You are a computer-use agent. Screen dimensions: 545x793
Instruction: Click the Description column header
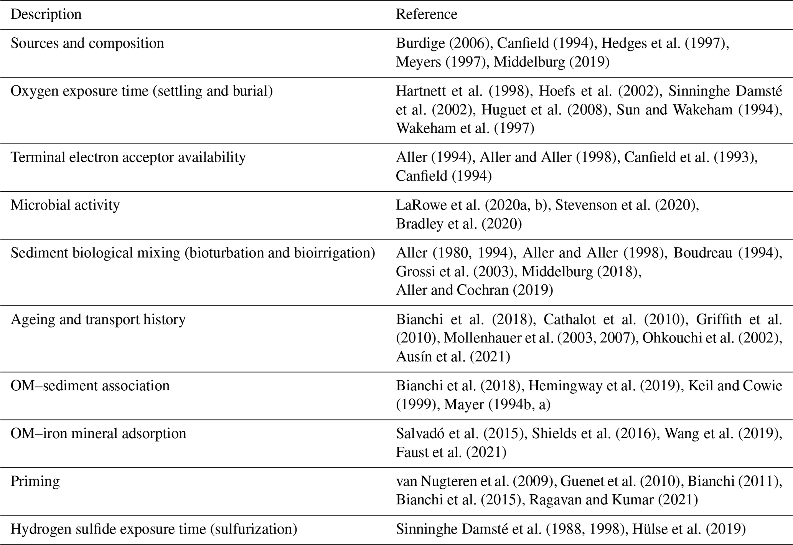click(x=46, y=14)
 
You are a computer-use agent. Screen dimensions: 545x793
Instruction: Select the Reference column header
click(x=426, y=14)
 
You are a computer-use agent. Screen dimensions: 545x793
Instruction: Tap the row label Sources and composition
click(x=87, y=43)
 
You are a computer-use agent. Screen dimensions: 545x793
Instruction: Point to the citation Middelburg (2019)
click(x=551, y=62)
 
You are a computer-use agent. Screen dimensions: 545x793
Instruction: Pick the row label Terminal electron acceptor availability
click(x=128, y=157)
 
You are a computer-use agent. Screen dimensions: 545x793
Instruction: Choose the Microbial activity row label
click(x=65, y=205)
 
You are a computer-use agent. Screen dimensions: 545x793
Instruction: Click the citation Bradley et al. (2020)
click(x=459, y=224)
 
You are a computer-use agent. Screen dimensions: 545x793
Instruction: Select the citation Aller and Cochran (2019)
click(x=475, y=290)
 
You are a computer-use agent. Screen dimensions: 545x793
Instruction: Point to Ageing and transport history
click(x=98, y=319)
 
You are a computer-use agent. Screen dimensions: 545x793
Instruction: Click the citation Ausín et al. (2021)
click(x=453, y=357)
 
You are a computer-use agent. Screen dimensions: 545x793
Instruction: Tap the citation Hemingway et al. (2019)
click(x=603, y=386)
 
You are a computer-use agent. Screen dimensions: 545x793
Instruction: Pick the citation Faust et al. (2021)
click(x=451, y=452)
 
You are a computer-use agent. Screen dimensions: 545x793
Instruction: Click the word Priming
click(x=35, y=481)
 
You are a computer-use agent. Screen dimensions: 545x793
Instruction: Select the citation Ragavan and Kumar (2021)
click(x=613, y=500)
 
